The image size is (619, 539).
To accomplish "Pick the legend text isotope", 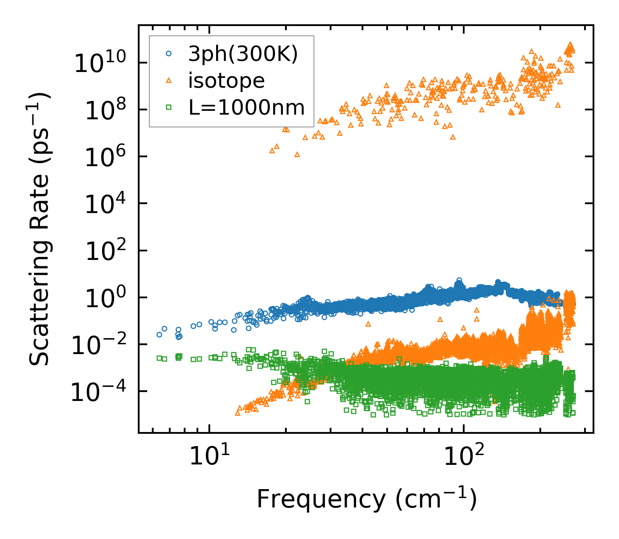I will (226, 81).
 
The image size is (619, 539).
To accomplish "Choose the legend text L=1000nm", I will (247, 107).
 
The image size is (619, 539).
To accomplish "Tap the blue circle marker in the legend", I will (168, 54).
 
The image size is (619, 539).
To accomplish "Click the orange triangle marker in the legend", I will (168, 80).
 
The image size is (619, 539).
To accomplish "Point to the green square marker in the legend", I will (168, 107).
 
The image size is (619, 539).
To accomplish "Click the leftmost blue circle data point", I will (159, 334).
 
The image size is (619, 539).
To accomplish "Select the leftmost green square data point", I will (159, 358).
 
